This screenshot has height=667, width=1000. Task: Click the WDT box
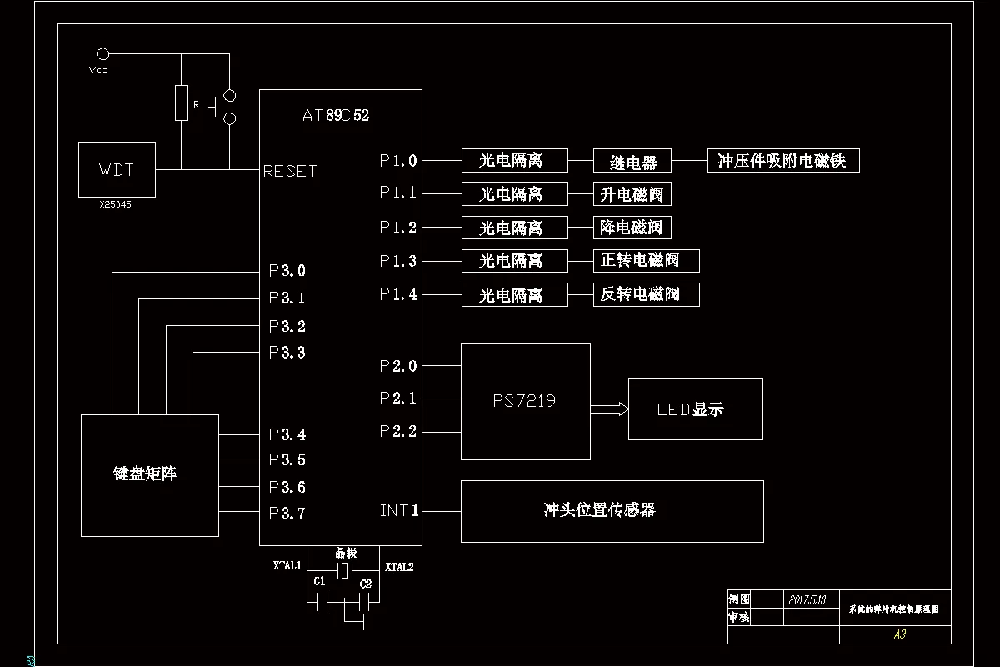(x=116, y=169)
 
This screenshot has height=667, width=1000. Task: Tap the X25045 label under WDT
(x=115, y=204)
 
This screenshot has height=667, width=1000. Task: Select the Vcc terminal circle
(x=102, y=54)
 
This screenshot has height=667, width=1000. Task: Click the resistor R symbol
(x=182, y=103)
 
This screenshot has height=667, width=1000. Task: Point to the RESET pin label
(x=290, y=171)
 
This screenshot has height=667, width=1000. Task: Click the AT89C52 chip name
(x=336, y=116)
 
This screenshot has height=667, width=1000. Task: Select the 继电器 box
(x=632, y=161)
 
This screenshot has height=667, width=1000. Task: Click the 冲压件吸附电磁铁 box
(x=782, y=160)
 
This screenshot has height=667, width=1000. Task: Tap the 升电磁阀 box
(x=632, y=194)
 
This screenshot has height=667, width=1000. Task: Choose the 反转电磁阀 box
(x=646, y=294)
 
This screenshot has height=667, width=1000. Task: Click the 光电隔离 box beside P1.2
(x=514, y=228)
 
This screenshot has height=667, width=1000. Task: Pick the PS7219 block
(x=525, y=401)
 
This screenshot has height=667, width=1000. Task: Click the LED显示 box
(x=695, y=409)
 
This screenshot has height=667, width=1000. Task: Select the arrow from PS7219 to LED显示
(x=609, y=409)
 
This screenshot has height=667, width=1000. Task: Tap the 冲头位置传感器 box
(x=612, y=510)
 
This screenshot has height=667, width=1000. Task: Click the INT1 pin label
(x=399, y=510)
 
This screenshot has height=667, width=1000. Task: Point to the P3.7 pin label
(x=287, y=514)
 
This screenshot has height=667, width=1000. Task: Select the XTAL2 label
(x=399, y=567)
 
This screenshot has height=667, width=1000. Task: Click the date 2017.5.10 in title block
(x=807, y=599)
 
